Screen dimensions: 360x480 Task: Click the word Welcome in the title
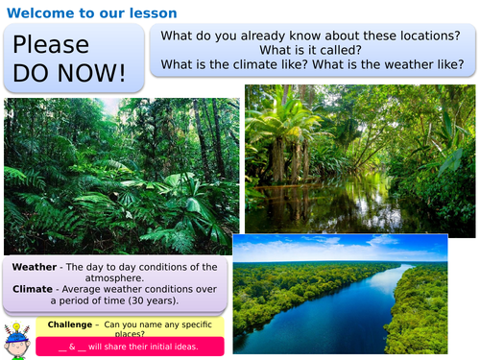pos(37,12)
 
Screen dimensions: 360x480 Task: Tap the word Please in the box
pos(51,45)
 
